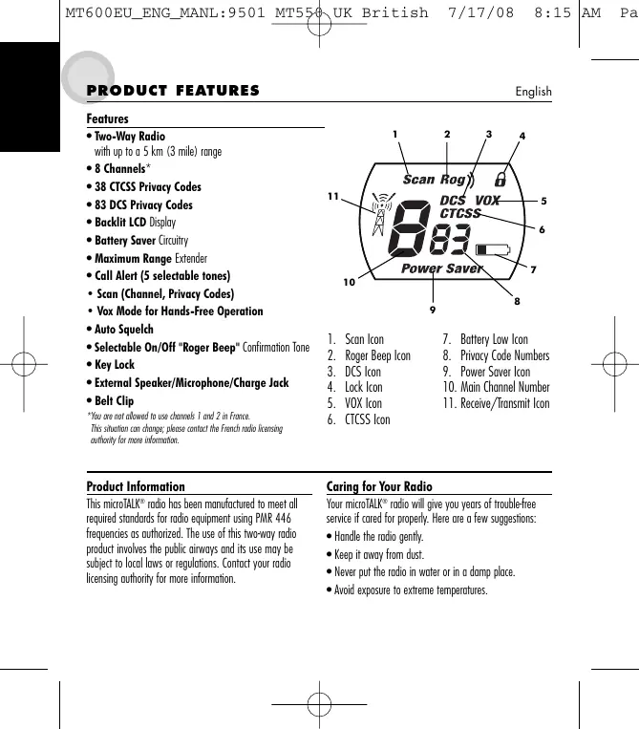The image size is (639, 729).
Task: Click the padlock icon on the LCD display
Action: [500, 179]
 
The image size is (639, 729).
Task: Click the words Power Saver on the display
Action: [442, 268]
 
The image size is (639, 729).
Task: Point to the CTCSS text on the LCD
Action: [460, 213]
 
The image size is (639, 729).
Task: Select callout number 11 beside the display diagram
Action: [332, 197]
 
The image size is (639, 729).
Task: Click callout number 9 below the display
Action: [433, 310]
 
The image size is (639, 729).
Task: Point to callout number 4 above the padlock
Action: [522, 137]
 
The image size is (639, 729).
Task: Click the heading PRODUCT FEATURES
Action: [173, 91]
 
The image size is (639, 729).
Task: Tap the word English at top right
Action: [533, 92]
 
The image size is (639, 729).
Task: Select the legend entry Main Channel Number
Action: [496, 387]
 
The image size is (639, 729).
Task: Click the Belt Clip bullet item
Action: [113, 401]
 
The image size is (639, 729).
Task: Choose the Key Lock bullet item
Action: [114, 365]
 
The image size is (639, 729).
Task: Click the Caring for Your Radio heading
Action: [379, 486]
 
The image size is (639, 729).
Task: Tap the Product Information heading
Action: [136, 486]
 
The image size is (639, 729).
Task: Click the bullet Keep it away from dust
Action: [378, 554]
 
